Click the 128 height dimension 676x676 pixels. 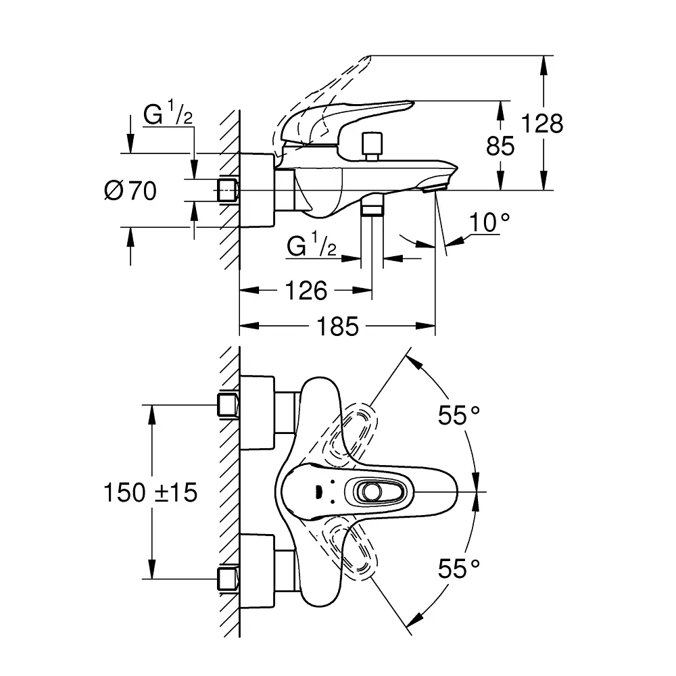coord(542,124)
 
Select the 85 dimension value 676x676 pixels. coord(500,145)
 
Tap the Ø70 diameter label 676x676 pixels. coord(130,191)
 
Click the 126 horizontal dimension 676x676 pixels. coord(306,291)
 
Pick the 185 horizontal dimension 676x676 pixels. coord(338,327)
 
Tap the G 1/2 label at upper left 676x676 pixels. coord(168,116)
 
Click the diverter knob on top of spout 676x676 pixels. coord(372,146)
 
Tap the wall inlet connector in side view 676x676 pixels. coord(228,190)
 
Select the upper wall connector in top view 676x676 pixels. coord(228,405)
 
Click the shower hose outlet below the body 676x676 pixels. coord(372,206)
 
